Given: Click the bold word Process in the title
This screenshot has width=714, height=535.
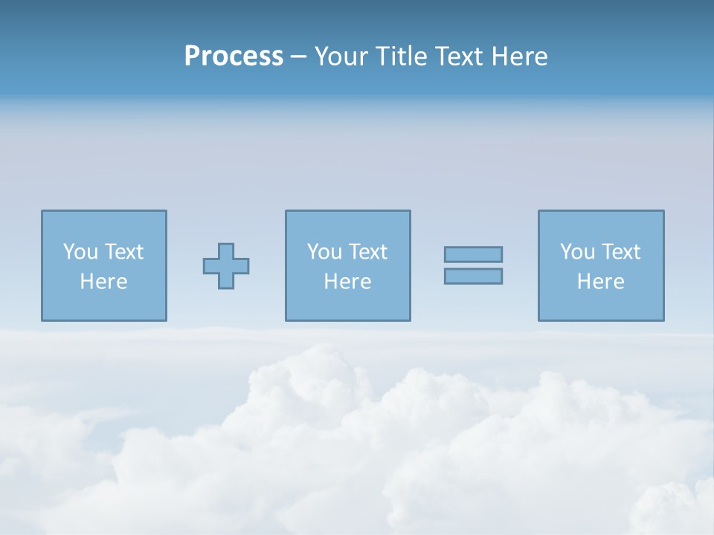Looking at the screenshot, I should click(x=234, y=56).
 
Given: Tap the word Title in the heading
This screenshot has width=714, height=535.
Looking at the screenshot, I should click(x=399, y=56).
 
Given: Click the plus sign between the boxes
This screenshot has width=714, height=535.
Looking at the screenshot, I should click(x=226, y=266).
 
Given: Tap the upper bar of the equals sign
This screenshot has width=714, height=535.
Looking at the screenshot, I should click(x=473, y=255).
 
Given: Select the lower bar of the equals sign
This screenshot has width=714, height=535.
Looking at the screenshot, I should click(x=473, y=276).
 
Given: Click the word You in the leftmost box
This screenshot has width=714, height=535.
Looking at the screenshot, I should click(x=80, y=252).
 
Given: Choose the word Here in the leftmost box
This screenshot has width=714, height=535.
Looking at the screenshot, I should click(x=103, y=282).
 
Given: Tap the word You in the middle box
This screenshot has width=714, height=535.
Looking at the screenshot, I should click(x=324, y=252).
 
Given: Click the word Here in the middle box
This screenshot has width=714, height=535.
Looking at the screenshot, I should click(x=347, y=282).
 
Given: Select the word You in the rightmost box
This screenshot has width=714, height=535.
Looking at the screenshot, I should click(x=577, y=252).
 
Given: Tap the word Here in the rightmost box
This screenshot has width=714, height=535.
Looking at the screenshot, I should click(x=600, y=282).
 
